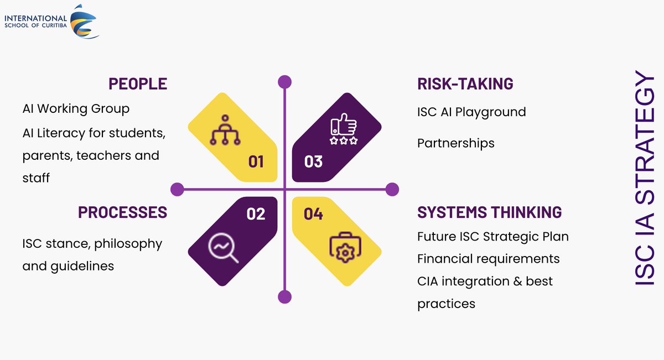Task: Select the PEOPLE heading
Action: click(138, 84)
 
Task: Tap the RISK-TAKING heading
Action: click(465, 84)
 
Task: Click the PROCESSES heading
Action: click(122, 212)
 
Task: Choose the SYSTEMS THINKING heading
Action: click(489, 212)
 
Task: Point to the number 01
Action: click(256, 161)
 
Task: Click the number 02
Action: click(256, 213)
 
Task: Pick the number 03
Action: click(313, 161)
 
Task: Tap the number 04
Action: click(313, 213)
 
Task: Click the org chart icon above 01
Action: click(225, 130)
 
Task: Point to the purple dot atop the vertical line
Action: click(284, 82)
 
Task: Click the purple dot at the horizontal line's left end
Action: click(177, 190)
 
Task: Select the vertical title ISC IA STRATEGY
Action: click(645, 178)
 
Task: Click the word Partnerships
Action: click(455, 143)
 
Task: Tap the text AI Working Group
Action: click(76, 108)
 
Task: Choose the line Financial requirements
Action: click(488, 259)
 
